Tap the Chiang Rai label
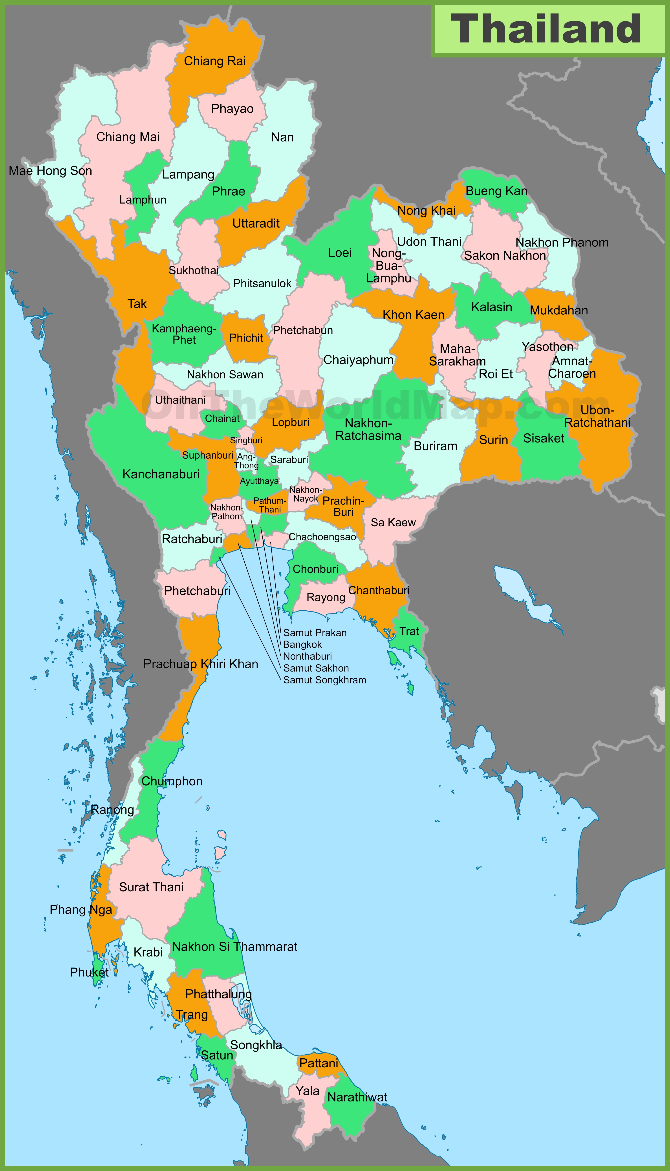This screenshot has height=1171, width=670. pyautogui.click(x=215, y=61)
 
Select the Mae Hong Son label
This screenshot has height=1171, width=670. pyautogui.click(x=51, y=171)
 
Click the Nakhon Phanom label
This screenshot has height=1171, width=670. pyautogui.click(x=562, y=242)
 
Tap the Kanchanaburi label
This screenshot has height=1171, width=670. pyautogui.click(x=161, y=474)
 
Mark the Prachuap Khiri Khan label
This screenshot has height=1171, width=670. pyautogui.click(x=201, y=664)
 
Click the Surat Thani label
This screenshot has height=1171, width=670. pyautogui.click(x=151, y=887)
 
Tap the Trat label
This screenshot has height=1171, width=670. pyautogui.click(x=409, y=631)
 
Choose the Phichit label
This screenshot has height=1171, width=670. pyautogui.click(x=246, y=338)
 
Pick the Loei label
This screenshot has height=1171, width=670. pyautogui.click(x=340, y=253)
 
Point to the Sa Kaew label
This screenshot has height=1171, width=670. pyautogui.click(x=393, y=522)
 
